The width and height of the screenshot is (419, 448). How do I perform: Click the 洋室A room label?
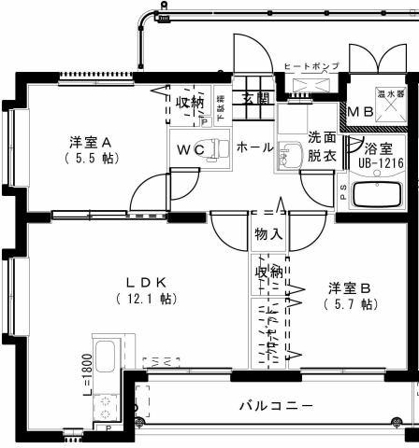[91, 143]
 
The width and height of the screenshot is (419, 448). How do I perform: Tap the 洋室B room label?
[350, 287]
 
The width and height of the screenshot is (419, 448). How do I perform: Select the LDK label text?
[147, 282]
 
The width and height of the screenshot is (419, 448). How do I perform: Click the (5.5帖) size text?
[91, 159]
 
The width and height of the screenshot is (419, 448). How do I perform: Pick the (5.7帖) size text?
[350, 303]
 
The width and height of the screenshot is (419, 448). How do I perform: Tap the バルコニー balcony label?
[276, 406]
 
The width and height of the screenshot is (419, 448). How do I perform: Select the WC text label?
[191, 149]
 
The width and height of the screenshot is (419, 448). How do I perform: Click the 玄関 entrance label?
[254, 99]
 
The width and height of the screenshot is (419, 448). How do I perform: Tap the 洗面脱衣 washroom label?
[321, 146]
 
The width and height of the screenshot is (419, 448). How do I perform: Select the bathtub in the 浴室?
[378, 197]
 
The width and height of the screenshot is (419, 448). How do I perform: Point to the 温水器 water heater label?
[388, 94]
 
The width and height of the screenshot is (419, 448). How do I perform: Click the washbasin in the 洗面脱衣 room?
[291, 158]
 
